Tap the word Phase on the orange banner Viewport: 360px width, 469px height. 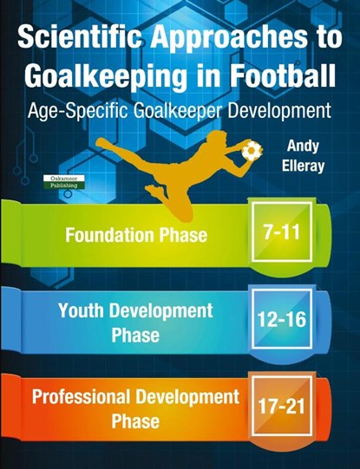(135, 421)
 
